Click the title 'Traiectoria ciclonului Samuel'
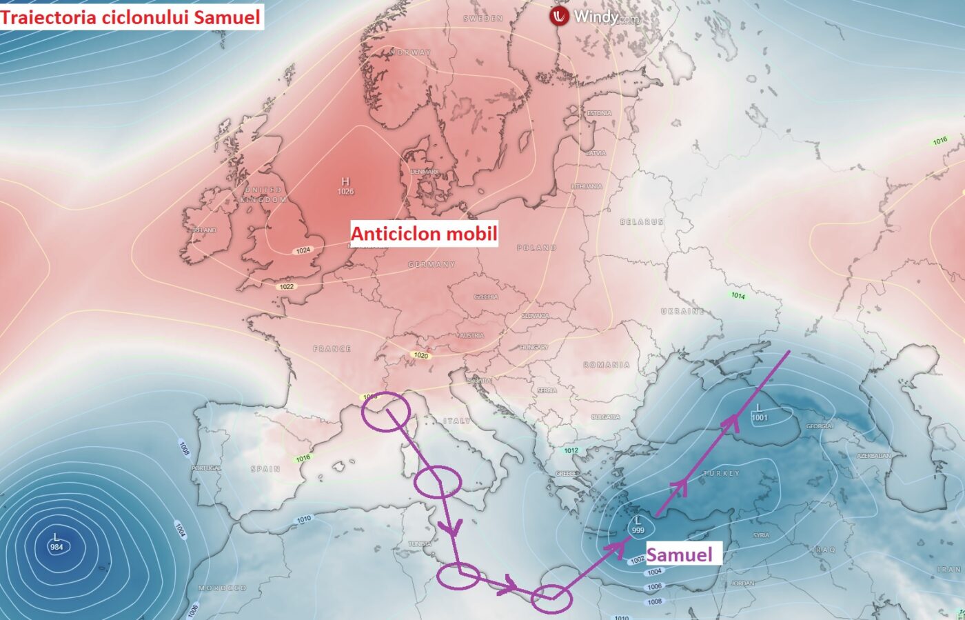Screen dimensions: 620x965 pos(131,17)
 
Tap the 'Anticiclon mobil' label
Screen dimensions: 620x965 pos(424,234)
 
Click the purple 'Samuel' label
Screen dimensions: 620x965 pos(679,554)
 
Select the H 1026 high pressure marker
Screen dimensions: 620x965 pos(345,186)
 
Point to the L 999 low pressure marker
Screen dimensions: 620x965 pos(638,525)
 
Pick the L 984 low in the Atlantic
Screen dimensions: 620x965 pos(57,542)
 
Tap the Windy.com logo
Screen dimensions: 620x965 pos(596,17)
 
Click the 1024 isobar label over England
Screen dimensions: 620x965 pos(303,250)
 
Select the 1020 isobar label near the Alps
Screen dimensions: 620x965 pos(420,355)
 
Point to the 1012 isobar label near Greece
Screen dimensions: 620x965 pos(571,450)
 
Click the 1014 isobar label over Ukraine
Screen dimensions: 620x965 pos(738,295)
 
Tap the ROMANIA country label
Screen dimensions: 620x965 pos(607,365)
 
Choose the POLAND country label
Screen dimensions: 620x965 pos(536,248)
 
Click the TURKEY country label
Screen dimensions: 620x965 pos(721,474)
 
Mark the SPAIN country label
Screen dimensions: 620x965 pos(265,469)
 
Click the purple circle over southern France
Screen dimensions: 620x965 pos(388,411)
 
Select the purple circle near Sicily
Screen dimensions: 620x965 pos(437,481)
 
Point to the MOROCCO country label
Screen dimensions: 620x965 pos(222,588)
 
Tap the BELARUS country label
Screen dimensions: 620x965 pos(642,221)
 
